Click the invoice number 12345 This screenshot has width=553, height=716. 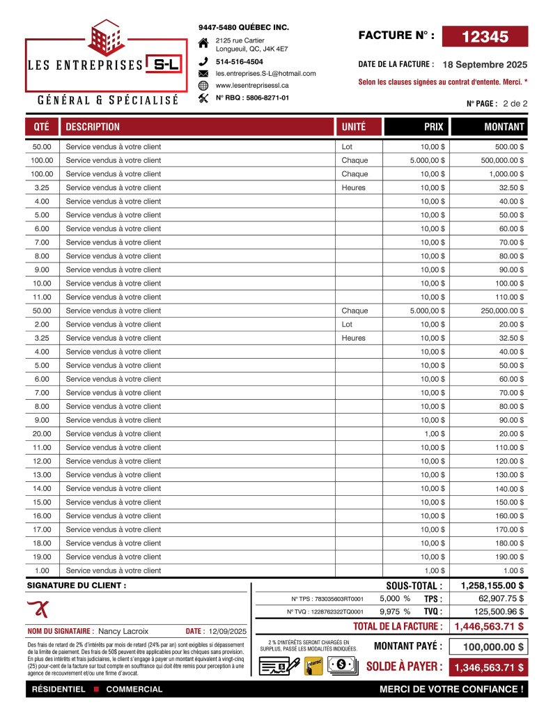click(485, 37)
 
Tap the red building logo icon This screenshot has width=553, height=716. click(105, 38)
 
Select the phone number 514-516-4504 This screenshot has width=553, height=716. click(239, 62)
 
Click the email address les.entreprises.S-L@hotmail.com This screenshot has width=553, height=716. click(265, 73)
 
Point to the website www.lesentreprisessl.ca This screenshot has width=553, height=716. click(252, 85)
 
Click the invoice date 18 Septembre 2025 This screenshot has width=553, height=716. click(485, 64)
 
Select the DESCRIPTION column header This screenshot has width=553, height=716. click(93, 127)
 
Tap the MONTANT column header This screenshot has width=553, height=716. click(504, 127)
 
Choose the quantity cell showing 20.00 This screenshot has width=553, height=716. click(42, 434)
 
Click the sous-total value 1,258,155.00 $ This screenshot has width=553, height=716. click(492, 586)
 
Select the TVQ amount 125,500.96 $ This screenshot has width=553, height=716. click(498, 612)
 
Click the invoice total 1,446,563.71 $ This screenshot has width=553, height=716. click(489, 626)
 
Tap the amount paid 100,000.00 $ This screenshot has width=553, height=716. click(493, 647)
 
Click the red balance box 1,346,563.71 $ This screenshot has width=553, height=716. click(489, 667)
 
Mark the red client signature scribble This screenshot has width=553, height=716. click(39, 608)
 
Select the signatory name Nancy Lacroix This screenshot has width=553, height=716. click(123, 631)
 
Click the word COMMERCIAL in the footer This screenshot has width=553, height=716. click(134, 690)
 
